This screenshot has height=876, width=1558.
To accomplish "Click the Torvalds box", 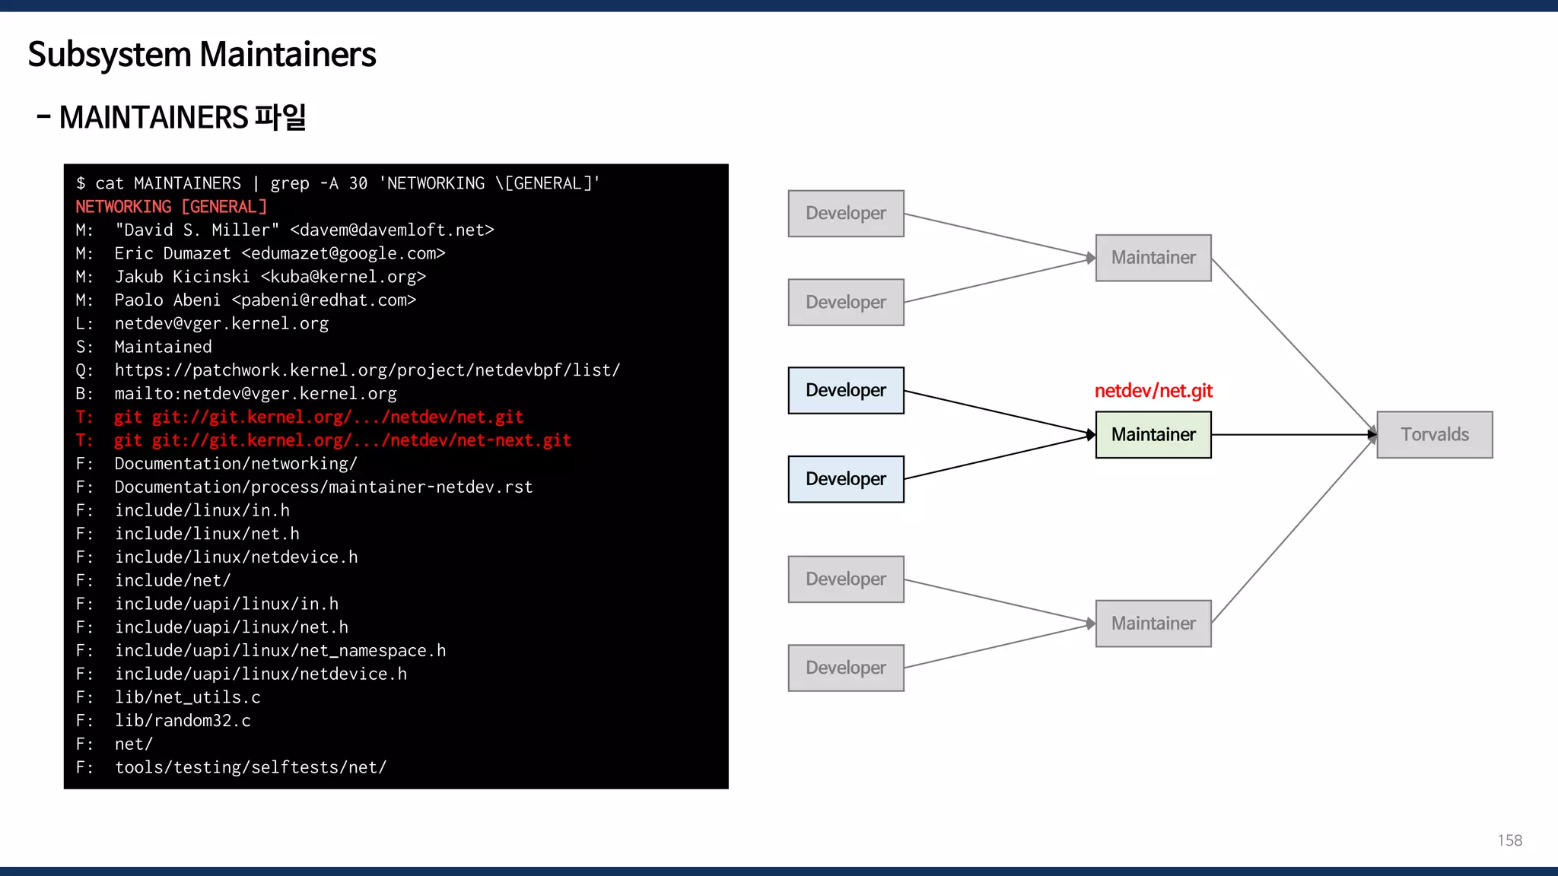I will click(x=1434, y=434).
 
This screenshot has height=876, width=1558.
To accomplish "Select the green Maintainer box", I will click(x=1153, y=434).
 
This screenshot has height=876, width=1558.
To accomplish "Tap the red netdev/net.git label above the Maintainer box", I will click(x=1153, y=391).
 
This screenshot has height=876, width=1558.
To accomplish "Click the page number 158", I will click(x=1509, y=840).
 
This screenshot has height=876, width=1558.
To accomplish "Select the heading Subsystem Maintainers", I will click(x=202, y=55).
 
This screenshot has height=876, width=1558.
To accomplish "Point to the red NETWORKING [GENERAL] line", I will click(x=171, y=207).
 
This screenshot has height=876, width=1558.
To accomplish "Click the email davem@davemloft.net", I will click(x=392, y=230).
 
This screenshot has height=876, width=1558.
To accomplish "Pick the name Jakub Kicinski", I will click(x=182, y=277).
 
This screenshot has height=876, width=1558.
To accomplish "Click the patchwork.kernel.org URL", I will click(x=367, y=370).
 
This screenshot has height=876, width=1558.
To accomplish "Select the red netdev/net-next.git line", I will click(x=342, y=440).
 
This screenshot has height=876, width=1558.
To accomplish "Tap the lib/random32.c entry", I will click(x=183, y=721).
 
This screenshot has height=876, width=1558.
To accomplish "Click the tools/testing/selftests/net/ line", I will click(x=250, y=767).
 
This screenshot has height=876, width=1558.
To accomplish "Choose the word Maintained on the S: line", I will click(x=163, y=347).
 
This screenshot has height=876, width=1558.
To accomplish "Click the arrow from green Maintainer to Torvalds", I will click(x=1293, y=434).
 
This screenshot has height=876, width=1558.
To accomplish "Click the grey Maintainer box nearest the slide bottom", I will click(x=1153, y=624).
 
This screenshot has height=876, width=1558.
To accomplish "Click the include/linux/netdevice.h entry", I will click(x=236, y=557).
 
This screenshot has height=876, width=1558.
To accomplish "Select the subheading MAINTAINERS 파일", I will click(x=182, y=118).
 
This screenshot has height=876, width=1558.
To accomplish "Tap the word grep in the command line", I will click(x=290, y=183).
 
